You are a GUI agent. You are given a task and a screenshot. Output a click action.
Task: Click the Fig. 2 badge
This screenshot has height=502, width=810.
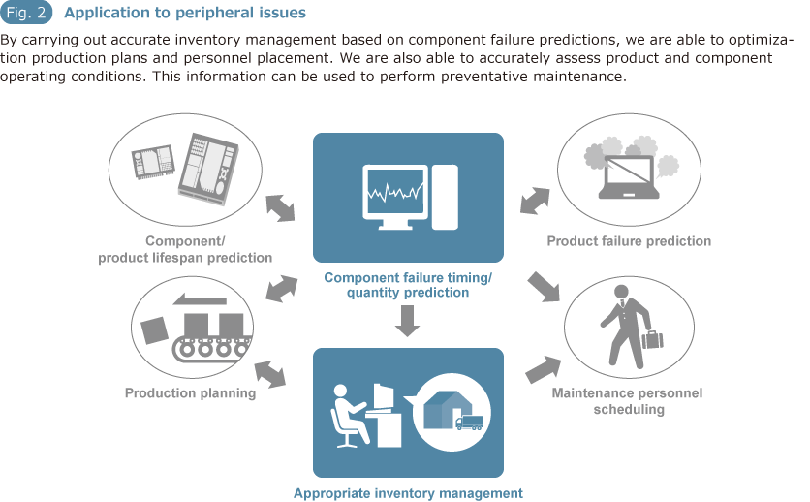[x=26, y=13]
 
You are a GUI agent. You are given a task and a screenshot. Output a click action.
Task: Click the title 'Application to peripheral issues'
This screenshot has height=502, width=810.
[x=185, y=13]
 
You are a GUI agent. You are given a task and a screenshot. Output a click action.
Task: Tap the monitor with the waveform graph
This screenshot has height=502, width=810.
[x=395, y=198]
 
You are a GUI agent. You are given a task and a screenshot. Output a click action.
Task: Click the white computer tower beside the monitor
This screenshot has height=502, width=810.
[x=445, y=198]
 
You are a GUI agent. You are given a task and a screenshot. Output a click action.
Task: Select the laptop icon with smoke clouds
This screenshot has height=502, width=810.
[x=629, y=176]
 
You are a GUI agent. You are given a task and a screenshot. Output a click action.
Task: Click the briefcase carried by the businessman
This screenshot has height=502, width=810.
[x=652, y=339]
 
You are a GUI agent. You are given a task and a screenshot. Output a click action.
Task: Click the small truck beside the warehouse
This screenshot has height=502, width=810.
[x=469, y=423]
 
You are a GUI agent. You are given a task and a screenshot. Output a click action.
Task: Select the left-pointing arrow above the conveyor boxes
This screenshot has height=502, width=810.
[x=200, y=299]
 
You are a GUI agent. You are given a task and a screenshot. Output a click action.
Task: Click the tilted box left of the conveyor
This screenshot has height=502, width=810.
[x=154, y=330]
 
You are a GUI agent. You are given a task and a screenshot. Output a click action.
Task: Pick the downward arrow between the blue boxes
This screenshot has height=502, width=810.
[x=407, y=321]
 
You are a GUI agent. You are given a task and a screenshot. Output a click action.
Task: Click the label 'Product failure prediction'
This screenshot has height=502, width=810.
[x=629, y=241]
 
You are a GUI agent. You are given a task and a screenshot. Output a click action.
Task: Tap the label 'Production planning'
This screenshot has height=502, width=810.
[x=190, y=393]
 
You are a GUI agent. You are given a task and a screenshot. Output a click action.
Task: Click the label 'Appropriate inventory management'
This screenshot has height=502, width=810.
[x=408, y=493]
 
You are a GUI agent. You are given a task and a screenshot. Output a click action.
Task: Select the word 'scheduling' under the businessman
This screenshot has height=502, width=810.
[x=629, y=410]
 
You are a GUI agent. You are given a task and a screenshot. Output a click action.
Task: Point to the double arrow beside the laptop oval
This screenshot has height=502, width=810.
[x=535, y=201]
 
